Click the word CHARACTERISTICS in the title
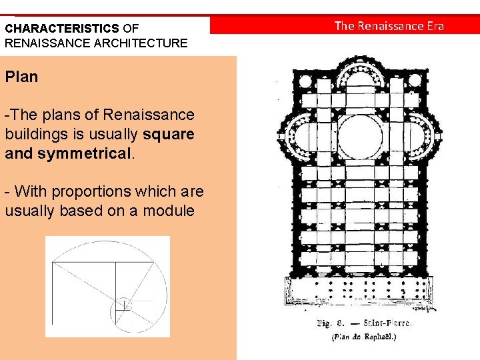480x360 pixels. (x=62, y=29)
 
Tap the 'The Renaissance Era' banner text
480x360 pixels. (x=389, y=26)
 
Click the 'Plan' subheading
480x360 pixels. (x=21, y=77)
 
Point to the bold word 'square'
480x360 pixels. (x=168, y=134)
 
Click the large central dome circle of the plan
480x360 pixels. (x=361, y=137)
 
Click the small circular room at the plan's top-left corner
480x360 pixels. (x=306, y=83)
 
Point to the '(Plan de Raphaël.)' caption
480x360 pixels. (x=363, y=337)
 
